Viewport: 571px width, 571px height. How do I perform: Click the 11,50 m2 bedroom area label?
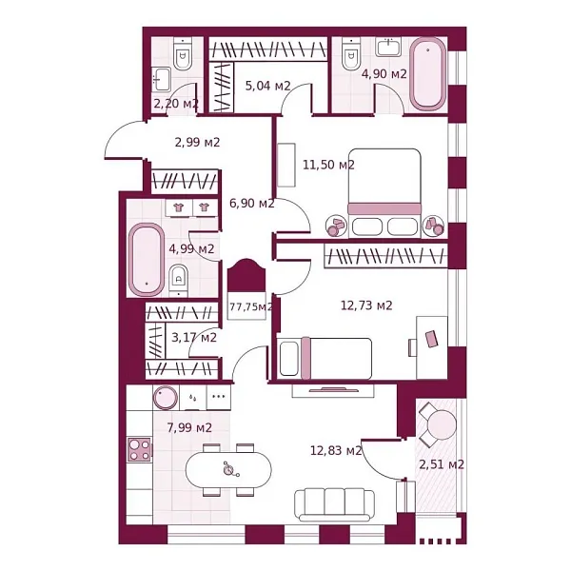tap(328, 165)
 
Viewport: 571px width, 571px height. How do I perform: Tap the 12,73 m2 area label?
tap(366, 305)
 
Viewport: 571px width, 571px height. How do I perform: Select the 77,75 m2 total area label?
tap(251, 306)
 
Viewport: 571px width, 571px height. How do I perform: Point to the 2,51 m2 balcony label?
tap(442, 464)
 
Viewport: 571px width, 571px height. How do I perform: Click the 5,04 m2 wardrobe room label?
tap(267, 86)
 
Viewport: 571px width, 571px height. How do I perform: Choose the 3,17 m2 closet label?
tap(193, 337)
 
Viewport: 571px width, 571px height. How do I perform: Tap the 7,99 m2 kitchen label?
tap(188, 427)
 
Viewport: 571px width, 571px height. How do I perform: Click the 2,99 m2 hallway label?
tap(197, 143)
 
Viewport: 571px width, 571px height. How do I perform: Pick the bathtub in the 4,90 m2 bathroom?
tap(428, 74)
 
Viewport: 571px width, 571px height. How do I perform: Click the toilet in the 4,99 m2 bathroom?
tap(178, 278)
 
